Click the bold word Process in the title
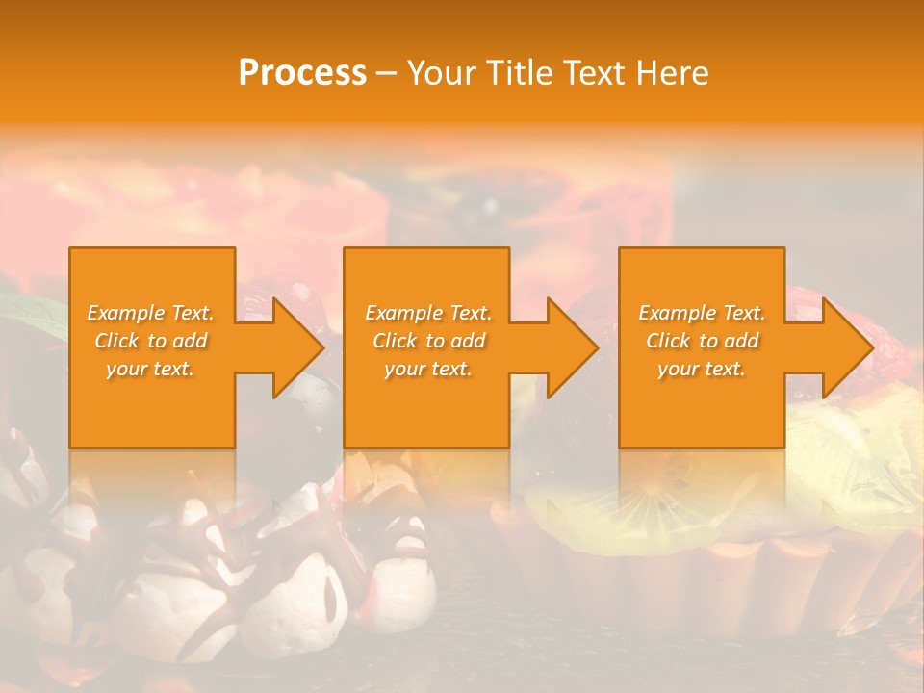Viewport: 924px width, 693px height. coord(302,73)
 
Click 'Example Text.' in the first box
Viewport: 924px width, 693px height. coord(151,313)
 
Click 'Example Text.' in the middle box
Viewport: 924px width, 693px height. coord(428,313)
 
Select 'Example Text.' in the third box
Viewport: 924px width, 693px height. coord(702,313)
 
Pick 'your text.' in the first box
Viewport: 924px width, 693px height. coord(151,369)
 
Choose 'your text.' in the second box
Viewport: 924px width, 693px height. coord(428,369)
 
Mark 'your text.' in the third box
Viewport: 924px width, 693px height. coord(702,369)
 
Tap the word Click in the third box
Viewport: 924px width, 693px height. coord(668,341)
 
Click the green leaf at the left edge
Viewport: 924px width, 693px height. coord(29,313)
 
